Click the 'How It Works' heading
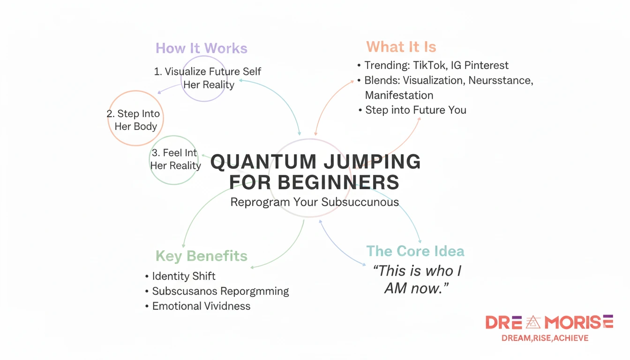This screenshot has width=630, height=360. (x=201, y=48)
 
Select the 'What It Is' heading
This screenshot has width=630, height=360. (x=401, y=47)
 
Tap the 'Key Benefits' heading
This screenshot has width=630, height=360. (x=201, y=256)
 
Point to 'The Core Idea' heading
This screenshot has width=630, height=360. (x=415, y=251)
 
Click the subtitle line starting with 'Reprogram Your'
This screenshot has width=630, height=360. (x=315, y=202)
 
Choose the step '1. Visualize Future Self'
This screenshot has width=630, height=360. (x=208, y=72)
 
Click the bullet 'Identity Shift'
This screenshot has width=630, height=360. (x=183, y=276)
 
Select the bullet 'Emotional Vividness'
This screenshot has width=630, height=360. (x=201, y=306)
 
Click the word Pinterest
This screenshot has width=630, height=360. (x=486, y=65)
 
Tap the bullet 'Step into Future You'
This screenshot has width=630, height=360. (x=415, y=110)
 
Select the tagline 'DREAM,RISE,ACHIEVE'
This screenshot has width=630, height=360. (x=545, y=338)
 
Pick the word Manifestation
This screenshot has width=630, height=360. (x=399, y=95)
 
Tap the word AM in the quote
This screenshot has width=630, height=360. (x=395, y=288)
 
